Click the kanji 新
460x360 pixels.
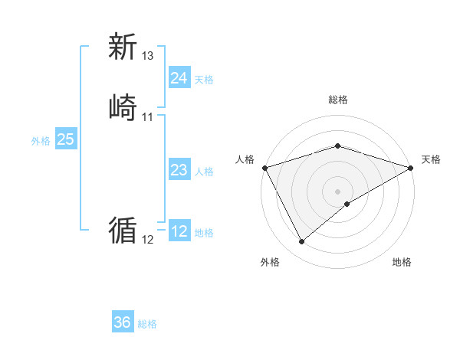tap(123, 47)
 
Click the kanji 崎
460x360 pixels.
tap(123, 106)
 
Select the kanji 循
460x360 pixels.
tap(123, 230)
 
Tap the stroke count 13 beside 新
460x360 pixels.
tap(148, 56)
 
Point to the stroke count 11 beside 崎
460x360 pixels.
tap(148, 116)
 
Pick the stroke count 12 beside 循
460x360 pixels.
tap(148, 240)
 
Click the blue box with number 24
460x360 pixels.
tap(179, 78)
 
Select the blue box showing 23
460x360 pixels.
tap(179, 170)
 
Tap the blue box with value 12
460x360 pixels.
tap(179, 231)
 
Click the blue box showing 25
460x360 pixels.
tap(65, 139)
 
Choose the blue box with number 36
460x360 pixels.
tap(123, 322)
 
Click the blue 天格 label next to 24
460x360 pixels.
tap(204, 80)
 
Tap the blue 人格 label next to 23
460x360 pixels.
tap(204, 172)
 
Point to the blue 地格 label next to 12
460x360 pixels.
tap(204, 233)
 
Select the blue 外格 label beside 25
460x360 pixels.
tap(41, 141)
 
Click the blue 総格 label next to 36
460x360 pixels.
tap(147, 324)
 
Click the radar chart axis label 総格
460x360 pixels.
tap(337, 100)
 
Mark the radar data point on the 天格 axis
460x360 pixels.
tap(411, 168)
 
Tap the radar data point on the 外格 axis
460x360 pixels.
tap(301, 242)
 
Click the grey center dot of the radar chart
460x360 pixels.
tap(337, 191)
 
